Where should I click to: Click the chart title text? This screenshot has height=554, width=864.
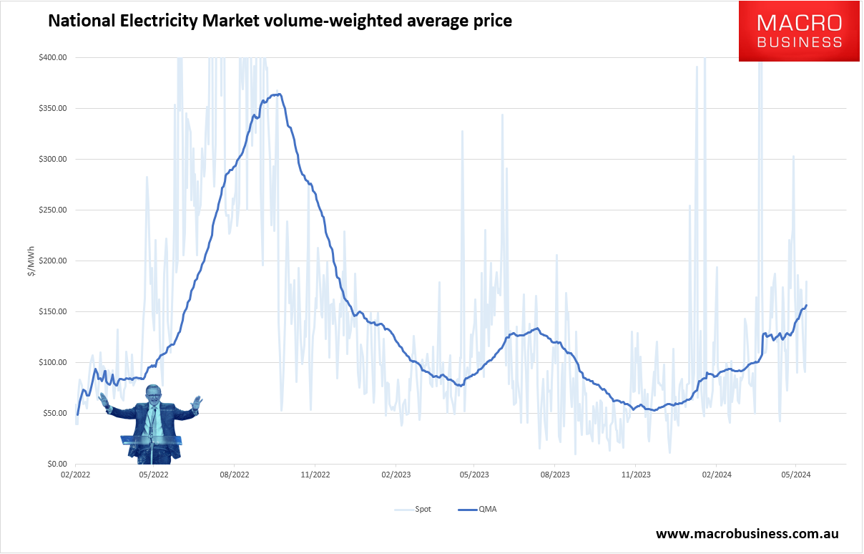(x=280, y=21)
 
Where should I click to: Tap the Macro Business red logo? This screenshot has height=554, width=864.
(x=799, y=31)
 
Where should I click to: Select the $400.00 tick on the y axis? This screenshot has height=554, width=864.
(x=54, y=57)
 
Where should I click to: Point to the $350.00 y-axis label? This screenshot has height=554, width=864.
(x=54, y=108)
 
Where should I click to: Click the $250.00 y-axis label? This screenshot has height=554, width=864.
(x=54, y=210)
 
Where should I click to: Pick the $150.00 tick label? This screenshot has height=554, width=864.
(x=54, y=311)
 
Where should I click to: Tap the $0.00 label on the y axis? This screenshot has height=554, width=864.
(x=57, y=464)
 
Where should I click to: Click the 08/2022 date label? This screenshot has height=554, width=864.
(x=235, y=474)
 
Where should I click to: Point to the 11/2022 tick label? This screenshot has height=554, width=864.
(x=315, y=474)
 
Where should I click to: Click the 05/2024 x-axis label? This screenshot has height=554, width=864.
(x=795, y=474)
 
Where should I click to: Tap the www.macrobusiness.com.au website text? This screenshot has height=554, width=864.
(x=747, y=534)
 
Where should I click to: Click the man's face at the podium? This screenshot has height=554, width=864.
(x=153, y=394)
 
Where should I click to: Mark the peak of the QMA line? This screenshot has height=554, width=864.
(x=278, y=94)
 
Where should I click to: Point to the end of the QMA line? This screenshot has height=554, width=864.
(x=807, y=306)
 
